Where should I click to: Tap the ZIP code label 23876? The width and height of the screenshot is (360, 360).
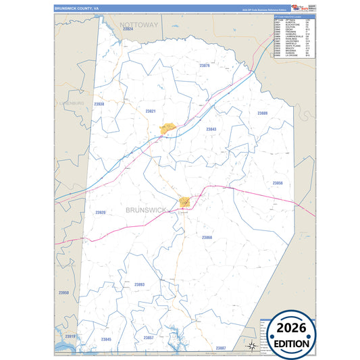click(205, 66)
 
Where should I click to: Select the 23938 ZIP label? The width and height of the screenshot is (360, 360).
click(99, 104)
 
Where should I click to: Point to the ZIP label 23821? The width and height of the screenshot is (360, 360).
click(151, 111)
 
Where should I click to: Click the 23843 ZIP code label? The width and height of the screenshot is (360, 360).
click(211, 129)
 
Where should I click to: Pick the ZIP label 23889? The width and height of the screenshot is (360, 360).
click(263, 113)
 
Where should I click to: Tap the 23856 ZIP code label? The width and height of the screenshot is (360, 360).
click(278, 183)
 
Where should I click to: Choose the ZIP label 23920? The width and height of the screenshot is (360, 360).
click(100, 212)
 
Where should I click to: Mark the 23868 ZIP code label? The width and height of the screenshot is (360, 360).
click(207, 237)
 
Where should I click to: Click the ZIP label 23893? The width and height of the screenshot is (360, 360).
click(139, 284)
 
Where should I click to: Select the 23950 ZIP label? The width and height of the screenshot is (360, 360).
click(63, 292)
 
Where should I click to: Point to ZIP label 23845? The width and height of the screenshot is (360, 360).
click(106, 339)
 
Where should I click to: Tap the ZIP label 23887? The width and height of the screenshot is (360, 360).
click(221, 347)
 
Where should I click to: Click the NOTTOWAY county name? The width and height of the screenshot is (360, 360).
click(138, 24)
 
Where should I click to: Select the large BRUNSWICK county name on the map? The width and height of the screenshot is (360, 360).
click(146, 210)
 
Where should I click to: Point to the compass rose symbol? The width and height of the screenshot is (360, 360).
click(251, 345)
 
